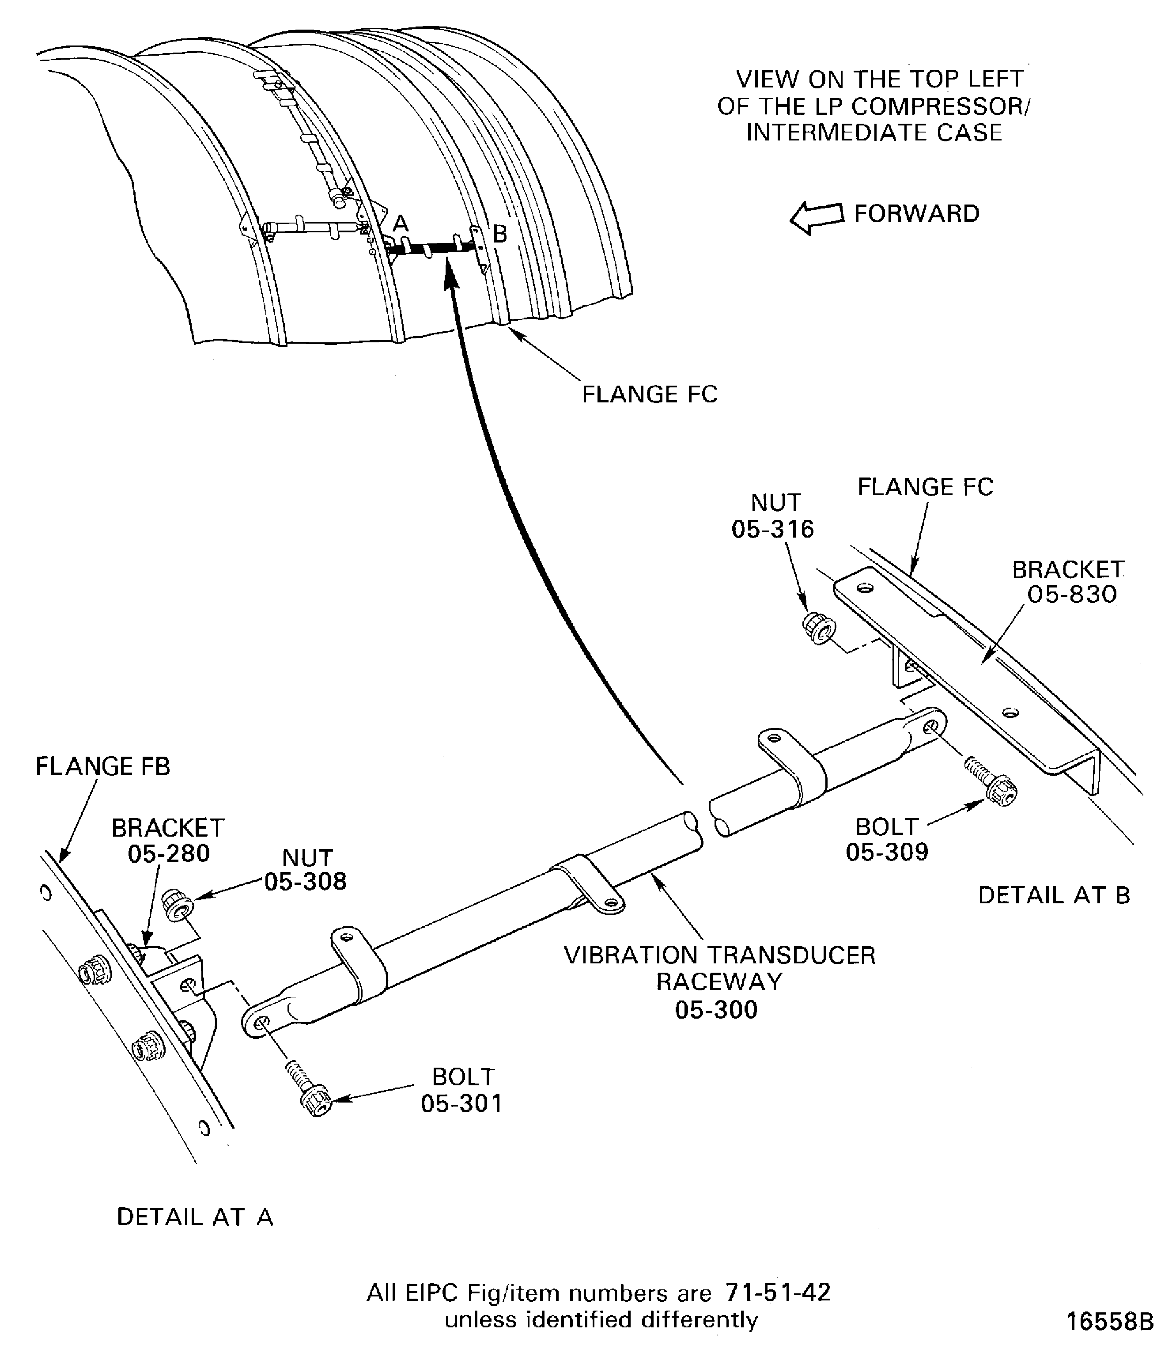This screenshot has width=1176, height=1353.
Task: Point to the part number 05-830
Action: tap(1072, 595)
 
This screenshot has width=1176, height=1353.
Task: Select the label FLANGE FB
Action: tap(103, 766)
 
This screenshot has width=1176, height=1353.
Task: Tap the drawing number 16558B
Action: tap(1109, 1321)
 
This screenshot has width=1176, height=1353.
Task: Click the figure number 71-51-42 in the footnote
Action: tap(778, 1292)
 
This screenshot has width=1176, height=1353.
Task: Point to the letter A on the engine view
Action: tap(400, 224)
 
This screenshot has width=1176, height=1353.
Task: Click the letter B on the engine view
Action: tap(499, 234)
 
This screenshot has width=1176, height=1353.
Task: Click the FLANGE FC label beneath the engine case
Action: tap(650, 394)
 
